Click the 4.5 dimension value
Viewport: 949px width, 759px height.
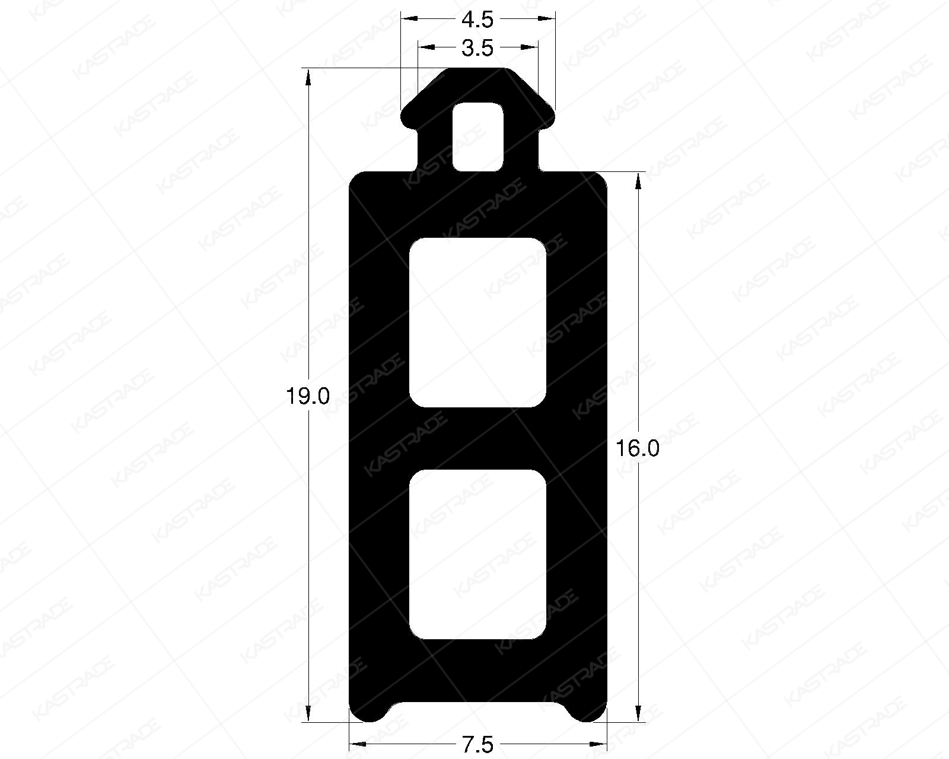[x=477, y=20]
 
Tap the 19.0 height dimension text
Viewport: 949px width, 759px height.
[x=307, y=396]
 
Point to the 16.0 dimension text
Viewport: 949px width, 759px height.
[x=636, y=449]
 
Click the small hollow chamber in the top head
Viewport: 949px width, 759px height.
[x=478, y=137]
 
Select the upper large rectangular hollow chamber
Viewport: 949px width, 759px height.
[x=477, y=323]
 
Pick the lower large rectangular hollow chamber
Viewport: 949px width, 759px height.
[x=477, y=554]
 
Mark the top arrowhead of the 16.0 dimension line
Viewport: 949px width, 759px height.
[x=639, y=180]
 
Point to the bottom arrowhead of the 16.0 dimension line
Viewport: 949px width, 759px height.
[x=639, y=715]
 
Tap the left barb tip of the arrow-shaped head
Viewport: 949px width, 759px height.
[x=406, y=119]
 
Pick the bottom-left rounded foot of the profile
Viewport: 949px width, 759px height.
[x=368, y=712]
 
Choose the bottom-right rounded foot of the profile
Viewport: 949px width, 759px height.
[x=588, y=712]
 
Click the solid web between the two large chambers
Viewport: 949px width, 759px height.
[x=477, y=439]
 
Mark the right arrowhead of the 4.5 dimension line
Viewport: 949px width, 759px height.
[x=548, y=18]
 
